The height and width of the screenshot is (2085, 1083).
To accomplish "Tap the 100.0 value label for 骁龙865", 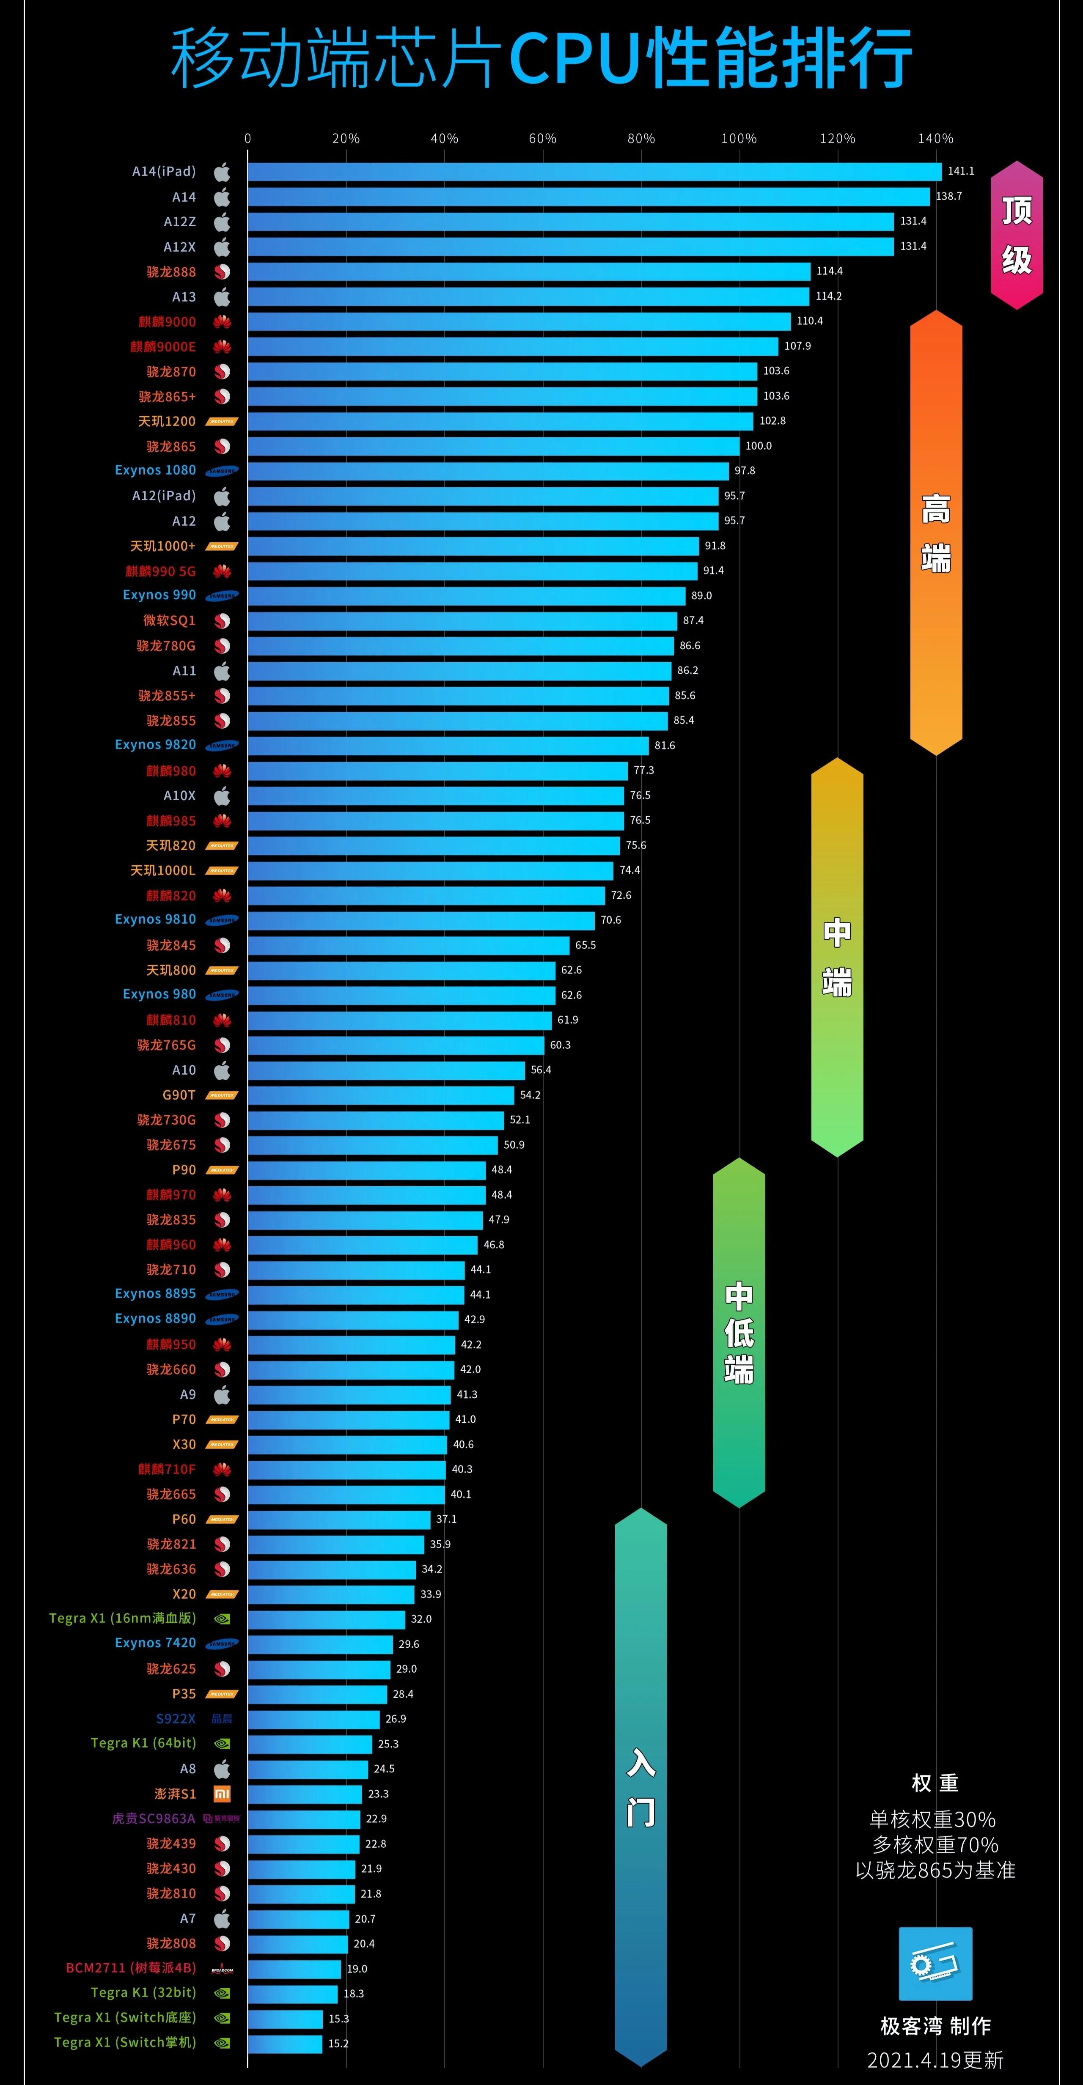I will pos(759,446).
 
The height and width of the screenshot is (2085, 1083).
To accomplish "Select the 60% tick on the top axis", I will pos(542,138).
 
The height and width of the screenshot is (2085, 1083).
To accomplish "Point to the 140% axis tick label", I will pos(936,138).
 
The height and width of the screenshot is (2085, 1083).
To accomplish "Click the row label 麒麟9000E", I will pos(163,346).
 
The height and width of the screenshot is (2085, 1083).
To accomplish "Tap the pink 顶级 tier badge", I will pos(1017,235).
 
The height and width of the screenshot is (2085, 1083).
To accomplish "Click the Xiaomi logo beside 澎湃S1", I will pos(222,1794).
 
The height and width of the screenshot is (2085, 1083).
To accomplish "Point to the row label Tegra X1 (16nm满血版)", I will pos(122,1618).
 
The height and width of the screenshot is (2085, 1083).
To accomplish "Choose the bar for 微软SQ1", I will pos(462,621).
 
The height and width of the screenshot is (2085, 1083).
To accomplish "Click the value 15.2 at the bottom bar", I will pos(338,2043).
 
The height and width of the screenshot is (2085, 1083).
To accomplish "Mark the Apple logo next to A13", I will pos(222,297).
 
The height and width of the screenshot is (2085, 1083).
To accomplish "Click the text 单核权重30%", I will pos(932,1819).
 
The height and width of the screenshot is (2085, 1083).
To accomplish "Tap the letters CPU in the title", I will pos(574,58).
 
